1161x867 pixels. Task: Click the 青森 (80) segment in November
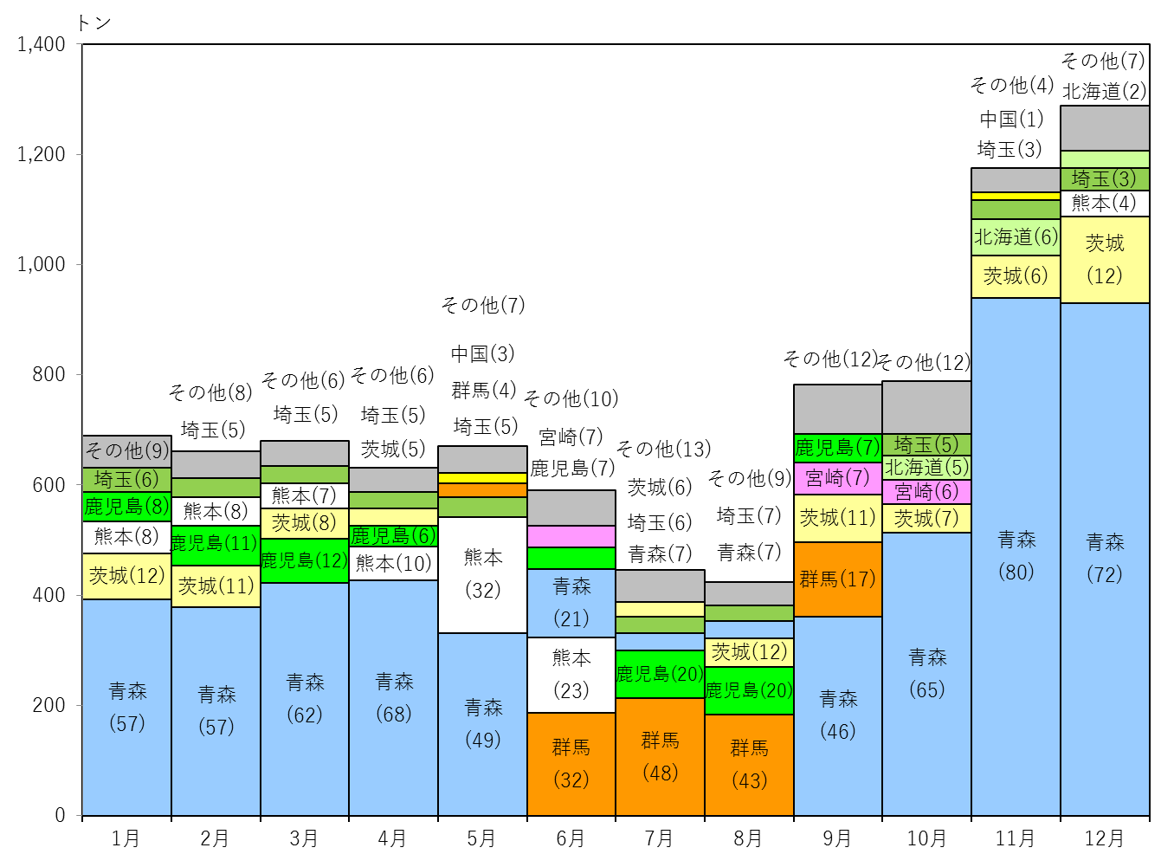coord(1015,556)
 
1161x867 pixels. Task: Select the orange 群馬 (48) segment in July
coord(660,756)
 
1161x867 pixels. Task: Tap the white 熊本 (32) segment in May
coord(482,575)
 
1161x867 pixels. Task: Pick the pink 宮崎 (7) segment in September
coord(837,479)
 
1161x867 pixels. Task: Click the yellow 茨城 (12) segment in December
coord(1105,260)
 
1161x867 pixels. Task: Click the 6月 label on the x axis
coord(571,838)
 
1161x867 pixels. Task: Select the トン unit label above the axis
coord(94,23)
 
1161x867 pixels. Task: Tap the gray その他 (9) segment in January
coord(126,451)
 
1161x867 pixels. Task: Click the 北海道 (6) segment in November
coord(1015,237)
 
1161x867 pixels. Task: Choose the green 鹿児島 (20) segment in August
coord(748,690)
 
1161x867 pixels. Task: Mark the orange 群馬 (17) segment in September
coord(837,579)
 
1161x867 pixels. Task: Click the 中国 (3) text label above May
coord(482,353)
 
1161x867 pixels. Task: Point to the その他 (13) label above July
coord(663,449)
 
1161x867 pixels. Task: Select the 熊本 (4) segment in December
coord(1105,204)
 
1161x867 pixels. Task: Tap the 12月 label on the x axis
coord(1105,838)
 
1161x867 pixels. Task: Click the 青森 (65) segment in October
coord(926,674)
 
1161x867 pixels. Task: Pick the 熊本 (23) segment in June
coord(571,675)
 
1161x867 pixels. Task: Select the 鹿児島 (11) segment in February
coord(216,546)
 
